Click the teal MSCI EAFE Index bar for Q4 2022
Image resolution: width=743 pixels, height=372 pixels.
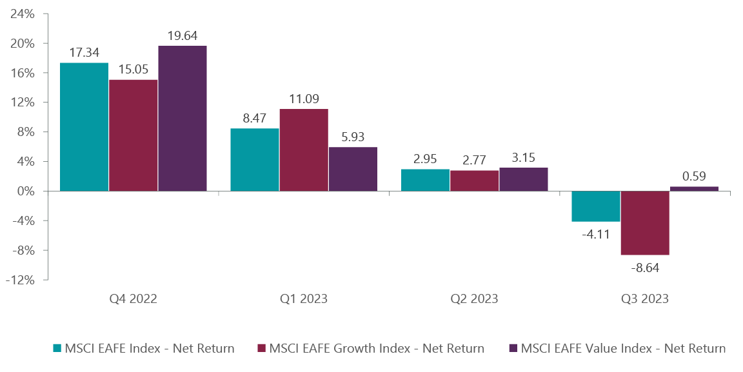[84, 126]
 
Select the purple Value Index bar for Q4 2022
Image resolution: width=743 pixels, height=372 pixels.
[183, 118]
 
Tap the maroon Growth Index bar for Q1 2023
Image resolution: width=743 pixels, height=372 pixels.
[304, 150]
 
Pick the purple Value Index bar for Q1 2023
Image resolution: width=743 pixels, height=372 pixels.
[353, 169]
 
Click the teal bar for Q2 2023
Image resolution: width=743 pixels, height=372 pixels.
[425, 180]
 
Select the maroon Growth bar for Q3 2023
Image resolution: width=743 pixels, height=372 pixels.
[645, 223]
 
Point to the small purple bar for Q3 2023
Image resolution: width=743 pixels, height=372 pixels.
[694, 188]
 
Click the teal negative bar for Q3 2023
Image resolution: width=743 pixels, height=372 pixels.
[596, 206]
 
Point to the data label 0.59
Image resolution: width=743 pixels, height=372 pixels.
[694, 175]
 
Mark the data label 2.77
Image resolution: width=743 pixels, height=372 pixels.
[475, 159]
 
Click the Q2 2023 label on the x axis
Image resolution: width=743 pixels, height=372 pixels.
[474, 299]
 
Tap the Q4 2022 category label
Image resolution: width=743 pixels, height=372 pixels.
[134, 299]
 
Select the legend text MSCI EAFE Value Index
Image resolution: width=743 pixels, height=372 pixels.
[623, 349]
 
